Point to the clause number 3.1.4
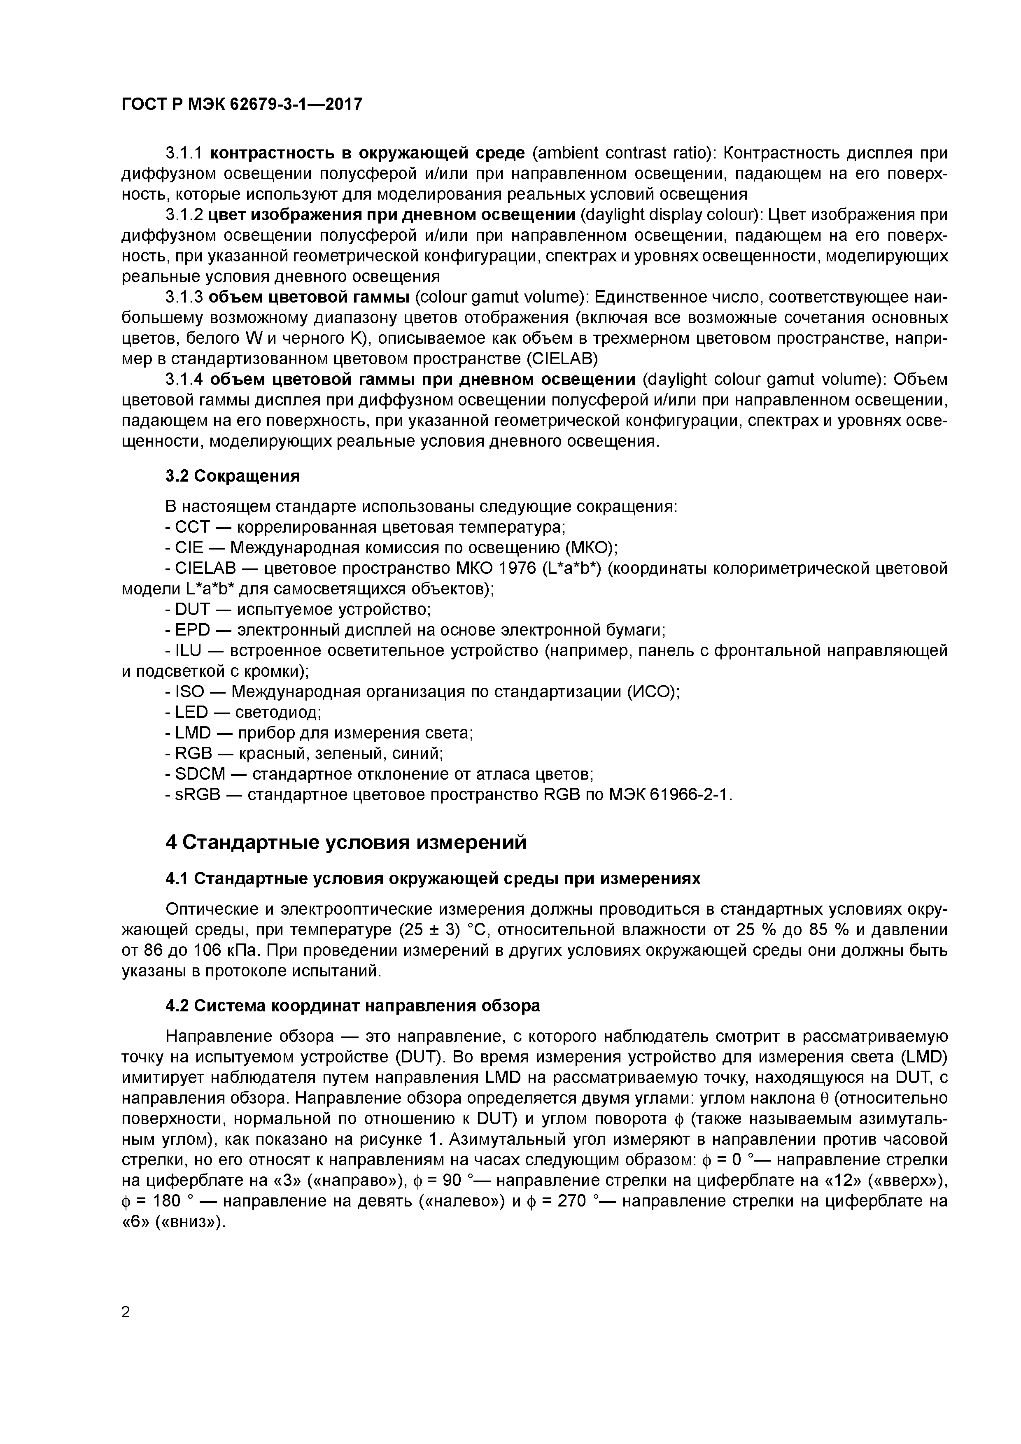click(184, 380)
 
